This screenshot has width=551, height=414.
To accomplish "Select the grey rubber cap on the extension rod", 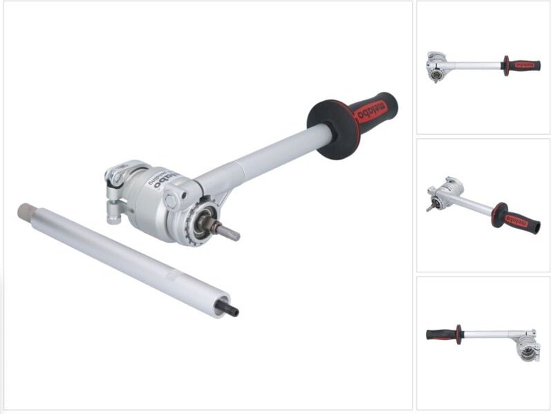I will pyautogui.click(x=26, y=209).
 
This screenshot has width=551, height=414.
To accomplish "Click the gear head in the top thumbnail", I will pyautogui.click(x=436, y=66).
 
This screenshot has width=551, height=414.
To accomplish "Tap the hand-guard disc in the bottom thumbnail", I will pyautogui.click(x=458, y=335).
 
